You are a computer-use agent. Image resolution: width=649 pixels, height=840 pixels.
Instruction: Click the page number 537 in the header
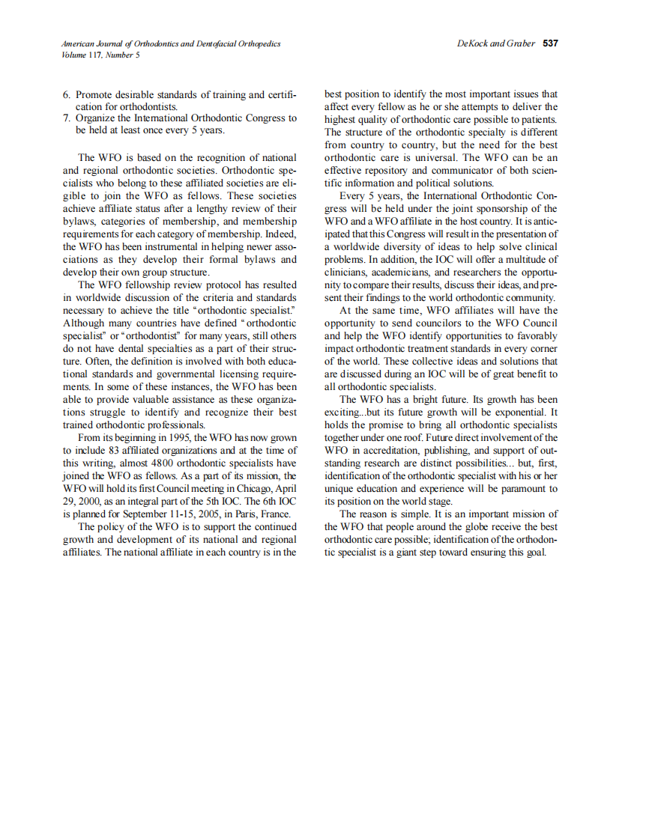coord(550,43)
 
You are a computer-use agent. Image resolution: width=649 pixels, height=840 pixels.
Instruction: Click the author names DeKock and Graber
coord(495,43)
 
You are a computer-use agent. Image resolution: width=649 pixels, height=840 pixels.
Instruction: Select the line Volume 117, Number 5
coord(100,55)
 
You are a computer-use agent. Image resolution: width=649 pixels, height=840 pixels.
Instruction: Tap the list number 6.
coord(66,94)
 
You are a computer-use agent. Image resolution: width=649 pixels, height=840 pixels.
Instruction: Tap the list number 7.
coord(66,118)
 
